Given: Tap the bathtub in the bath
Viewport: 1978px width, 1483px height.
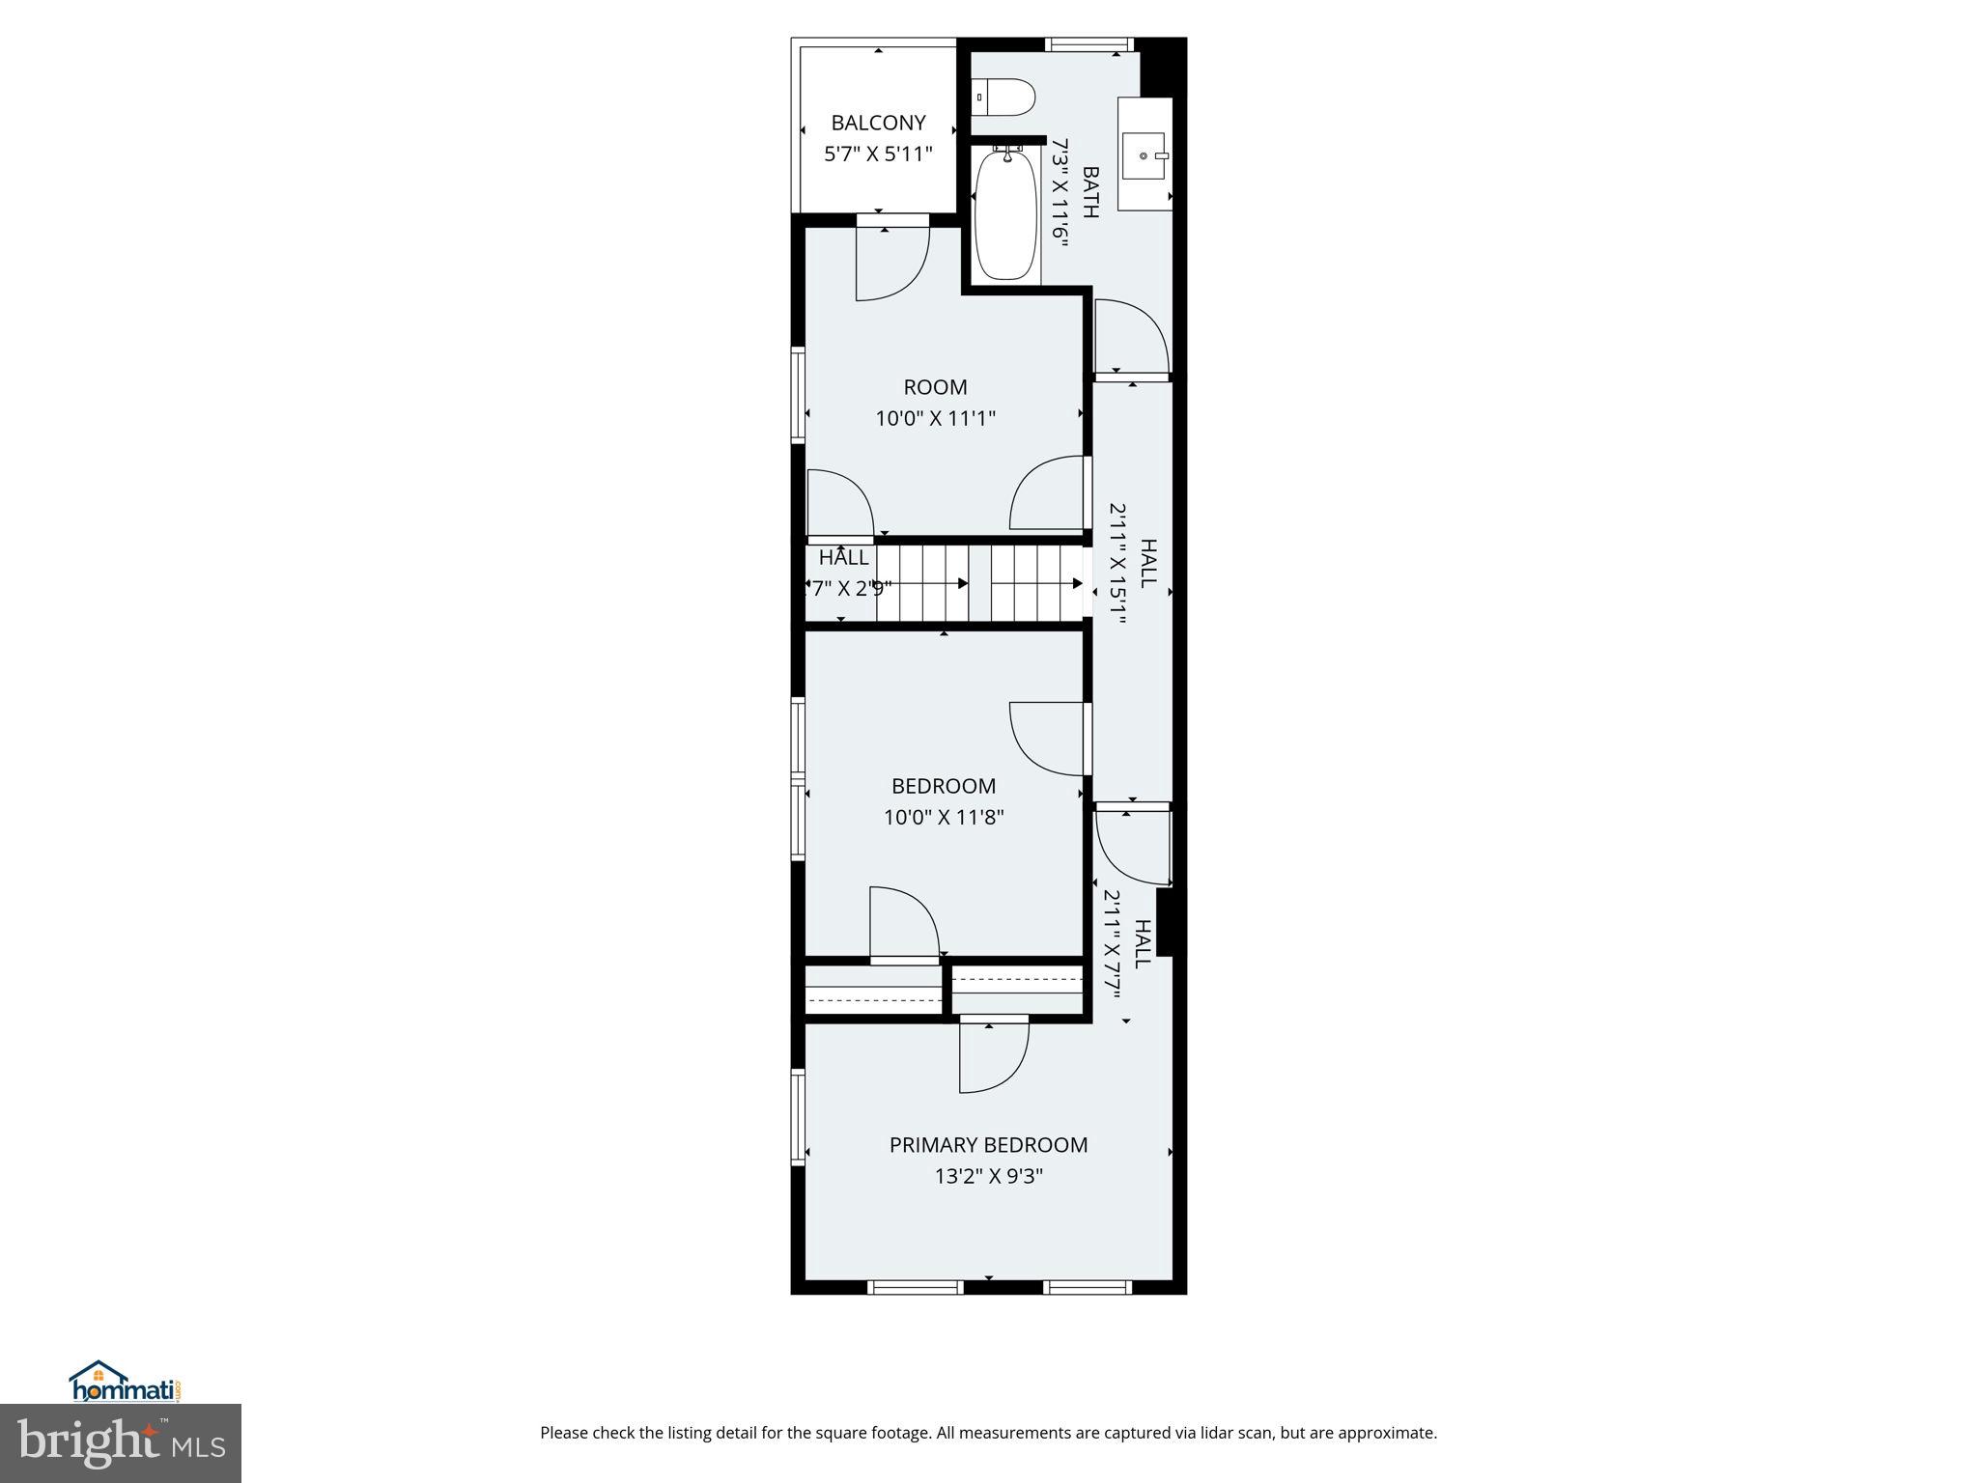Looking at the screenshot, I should tap(1005, 215).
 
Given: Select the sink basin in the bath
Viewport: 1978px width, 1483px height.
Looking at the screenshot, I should tap(1144, 154).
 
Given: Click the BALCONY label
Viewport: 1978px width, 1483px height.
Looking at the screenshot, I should tap(878, 123).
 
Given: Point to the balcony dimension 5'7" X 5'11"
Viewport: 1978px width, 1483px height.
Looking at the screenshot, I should tap(878, 154).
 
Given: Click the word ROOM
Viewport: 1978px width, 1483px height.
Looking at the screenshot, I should tap(935, 387).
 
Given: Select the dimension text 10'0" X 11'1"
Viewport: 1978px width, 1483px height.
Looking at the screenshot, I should tap(935, 418).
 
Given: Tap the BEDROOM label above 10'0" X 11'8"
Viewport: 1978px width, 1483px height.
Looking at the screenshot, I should tap(944, 786).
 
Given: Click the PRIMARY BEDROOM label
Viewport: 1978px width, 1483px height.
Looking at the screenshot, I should tap(988, 1145).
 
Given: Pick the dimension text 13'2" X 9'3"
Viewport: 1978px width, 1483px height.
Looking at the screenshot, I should tap(988, 1176).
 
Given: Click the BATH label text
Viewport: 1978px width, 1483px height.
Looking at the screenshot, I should tap(1090, 193).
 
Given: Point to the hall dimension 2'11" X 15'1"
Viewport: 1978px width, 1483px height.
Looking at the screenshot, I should tap(1117, 565).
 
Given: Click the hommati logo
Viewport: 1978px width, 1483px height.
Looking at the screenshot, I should tap(125, 1382).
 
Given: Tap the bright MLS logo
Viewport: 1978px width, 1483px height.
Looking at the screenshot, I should tap(121, 1442).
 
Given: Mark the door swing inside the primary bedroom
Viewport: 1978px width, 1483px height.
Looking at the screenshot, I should tap(994, 1057).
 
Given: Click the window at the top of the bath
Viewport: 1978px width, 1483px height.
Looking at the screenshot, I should tap(1088, 43).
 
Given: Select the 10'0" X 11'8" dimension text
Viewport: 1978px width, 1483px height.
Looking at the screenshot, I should tap(944, 818).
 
